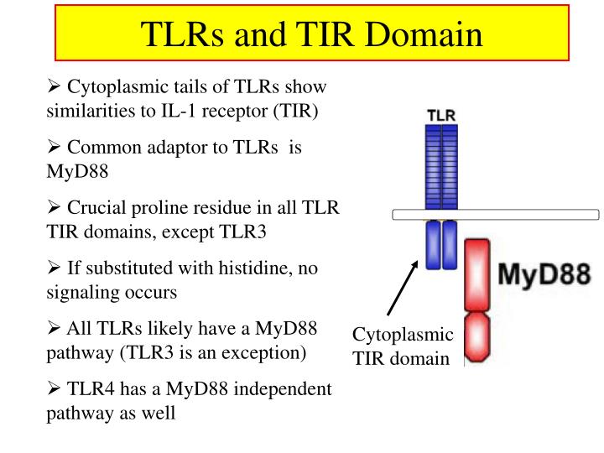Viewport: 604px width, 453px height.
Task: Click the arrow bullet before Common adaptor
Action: click(54, 147)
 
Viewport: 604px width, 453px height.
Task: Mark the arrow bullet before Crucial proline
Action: click(54, 207)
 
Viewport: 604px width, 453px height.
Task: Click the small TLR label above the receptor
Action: click(441, 115)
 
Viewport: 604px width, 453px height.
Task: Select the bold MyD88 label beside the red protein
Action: click(544, 274)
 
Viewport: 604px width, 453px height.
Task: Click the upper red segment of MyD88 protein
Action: click(476, 273)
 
